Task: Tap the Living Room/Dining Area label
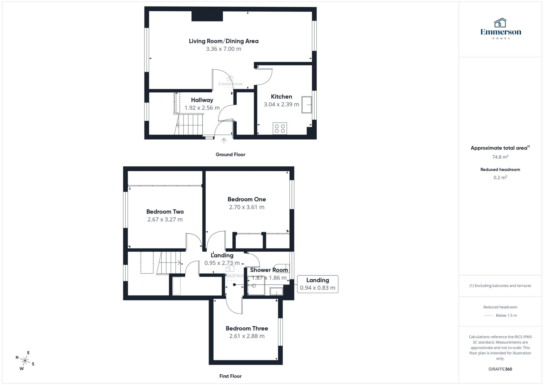click(x=223, y=41)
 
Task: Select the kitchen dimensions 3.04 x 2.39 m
click(x=281, y=104)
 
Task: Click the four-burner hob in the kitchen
click(x=280, y=129)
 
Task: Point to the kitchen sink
click(x=307, y=105)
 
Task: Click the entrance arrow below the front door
click(x=224, y=141)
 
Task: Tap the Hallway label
click(x=202, y=100)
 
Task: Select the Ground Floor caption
click(x=230, y=154)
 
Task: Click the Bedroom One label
click(x=246, y=199)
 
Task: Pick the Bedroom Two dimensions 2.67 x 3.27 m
click(x=165, y=219)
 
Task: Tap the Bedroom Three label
click(x=246, y=328)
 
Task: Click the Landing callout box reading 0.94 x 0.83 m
click(x=317, y=284)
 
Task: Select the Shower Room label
click(x=269, y=270)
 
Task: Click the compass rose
click(x=25, y=361)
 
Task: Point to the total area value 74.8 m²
click(x=500, y=157)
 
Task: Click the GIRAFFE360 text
click(x=500, y=369)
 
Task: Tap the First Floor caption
click(x=230, y=376)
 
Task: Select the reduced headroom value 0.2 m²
click(x=500, y=177)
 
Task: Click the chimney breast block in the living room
click(x=207, y=16)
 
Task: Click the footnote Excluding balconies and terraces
click(x=500, y=286)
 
